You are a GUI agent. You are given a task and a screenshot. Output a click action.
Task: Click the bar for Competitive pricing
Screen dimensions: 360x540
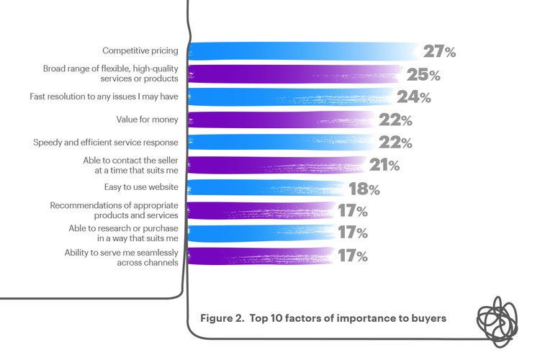point(302,52)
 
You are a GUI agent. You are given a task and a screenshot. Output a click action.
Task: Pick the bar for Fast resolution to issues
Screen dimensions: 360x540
point(292,97)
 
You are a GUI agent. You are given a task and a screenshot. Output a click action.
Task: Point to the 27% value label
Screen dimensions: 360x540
point(439,52)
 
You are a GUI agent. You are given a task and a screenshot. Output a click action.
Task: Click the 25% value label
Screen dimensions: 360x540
point(423,74)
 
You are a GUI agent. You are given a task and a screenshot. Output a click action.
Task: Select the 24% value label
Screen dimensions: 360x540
point(414,97)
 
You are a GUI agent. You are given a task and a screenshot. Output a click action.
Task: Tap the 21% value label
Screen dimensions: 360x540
point(384,165)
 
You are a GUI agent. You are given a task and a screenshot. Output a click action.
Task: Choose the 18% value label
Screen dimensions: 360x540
point(364,189)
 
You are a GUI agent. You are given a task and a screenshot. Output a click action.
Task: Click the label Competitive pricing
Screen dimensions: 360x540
point(140,51)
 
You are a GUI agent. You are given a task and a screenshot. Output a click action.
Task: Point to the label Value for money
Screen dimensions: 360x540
point(147,120)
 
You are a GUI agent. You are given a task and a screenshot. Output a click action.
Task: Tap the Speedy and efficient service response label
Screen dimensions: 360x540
point(106,143)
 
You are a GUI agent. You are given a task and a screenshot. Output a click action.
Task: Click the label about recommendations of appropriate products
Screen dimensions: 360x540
point(114,210)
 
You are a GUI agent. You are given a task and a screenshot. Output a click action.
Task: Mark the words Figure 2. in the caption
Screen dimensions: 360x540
point(222,317)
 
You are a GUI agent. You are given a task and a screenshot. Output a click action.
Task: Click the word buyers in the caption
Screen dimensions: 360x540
point(427,317)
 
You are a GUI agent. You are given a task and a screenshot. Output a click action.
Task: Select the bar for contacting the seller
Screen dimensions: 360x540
point(277,166)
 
